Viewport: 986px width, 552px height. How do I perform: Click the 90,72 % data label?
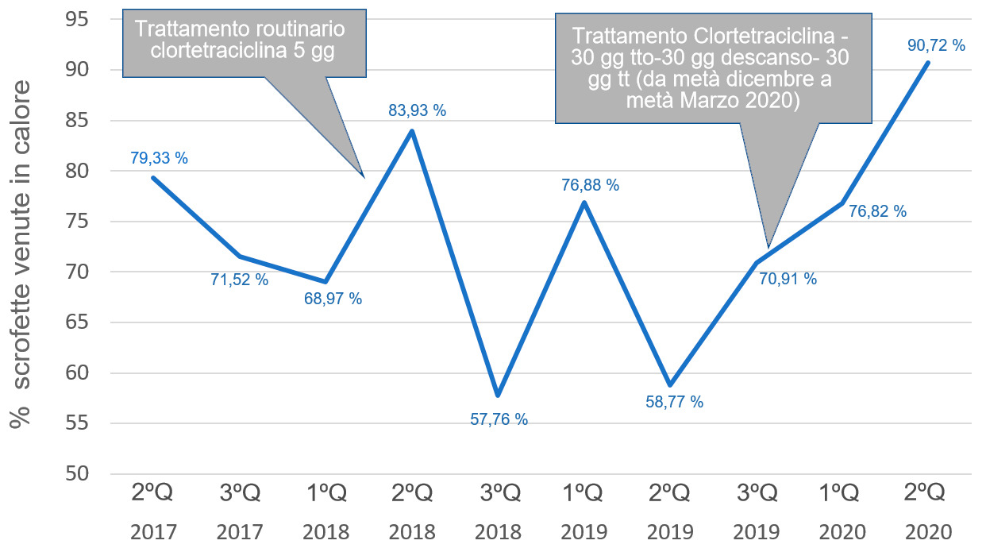coord(936,45)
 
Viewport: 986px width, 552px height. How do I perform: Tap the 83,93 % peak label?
coord(417,110)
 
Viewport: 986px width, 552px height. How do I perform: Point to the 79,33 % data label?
coord(159,158)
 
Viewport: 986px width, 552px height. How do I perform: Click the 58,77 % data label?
coord(674,402)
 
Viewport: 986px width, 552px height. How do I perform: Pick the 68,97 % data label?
coord(333,299)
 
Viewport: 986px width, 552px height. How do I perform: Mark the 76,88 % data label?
coord(590,185)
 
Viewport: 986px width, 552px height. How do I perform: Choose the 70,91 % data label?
coord(788,279)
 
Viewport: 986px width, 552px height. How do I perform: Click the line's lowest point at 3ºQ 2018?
coord(498,395)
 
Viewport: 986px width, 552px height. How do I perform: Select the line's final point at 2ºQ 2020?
coord(928,63)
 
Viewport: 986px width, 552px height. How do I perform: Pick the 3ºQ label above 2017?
coord(240,494)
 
